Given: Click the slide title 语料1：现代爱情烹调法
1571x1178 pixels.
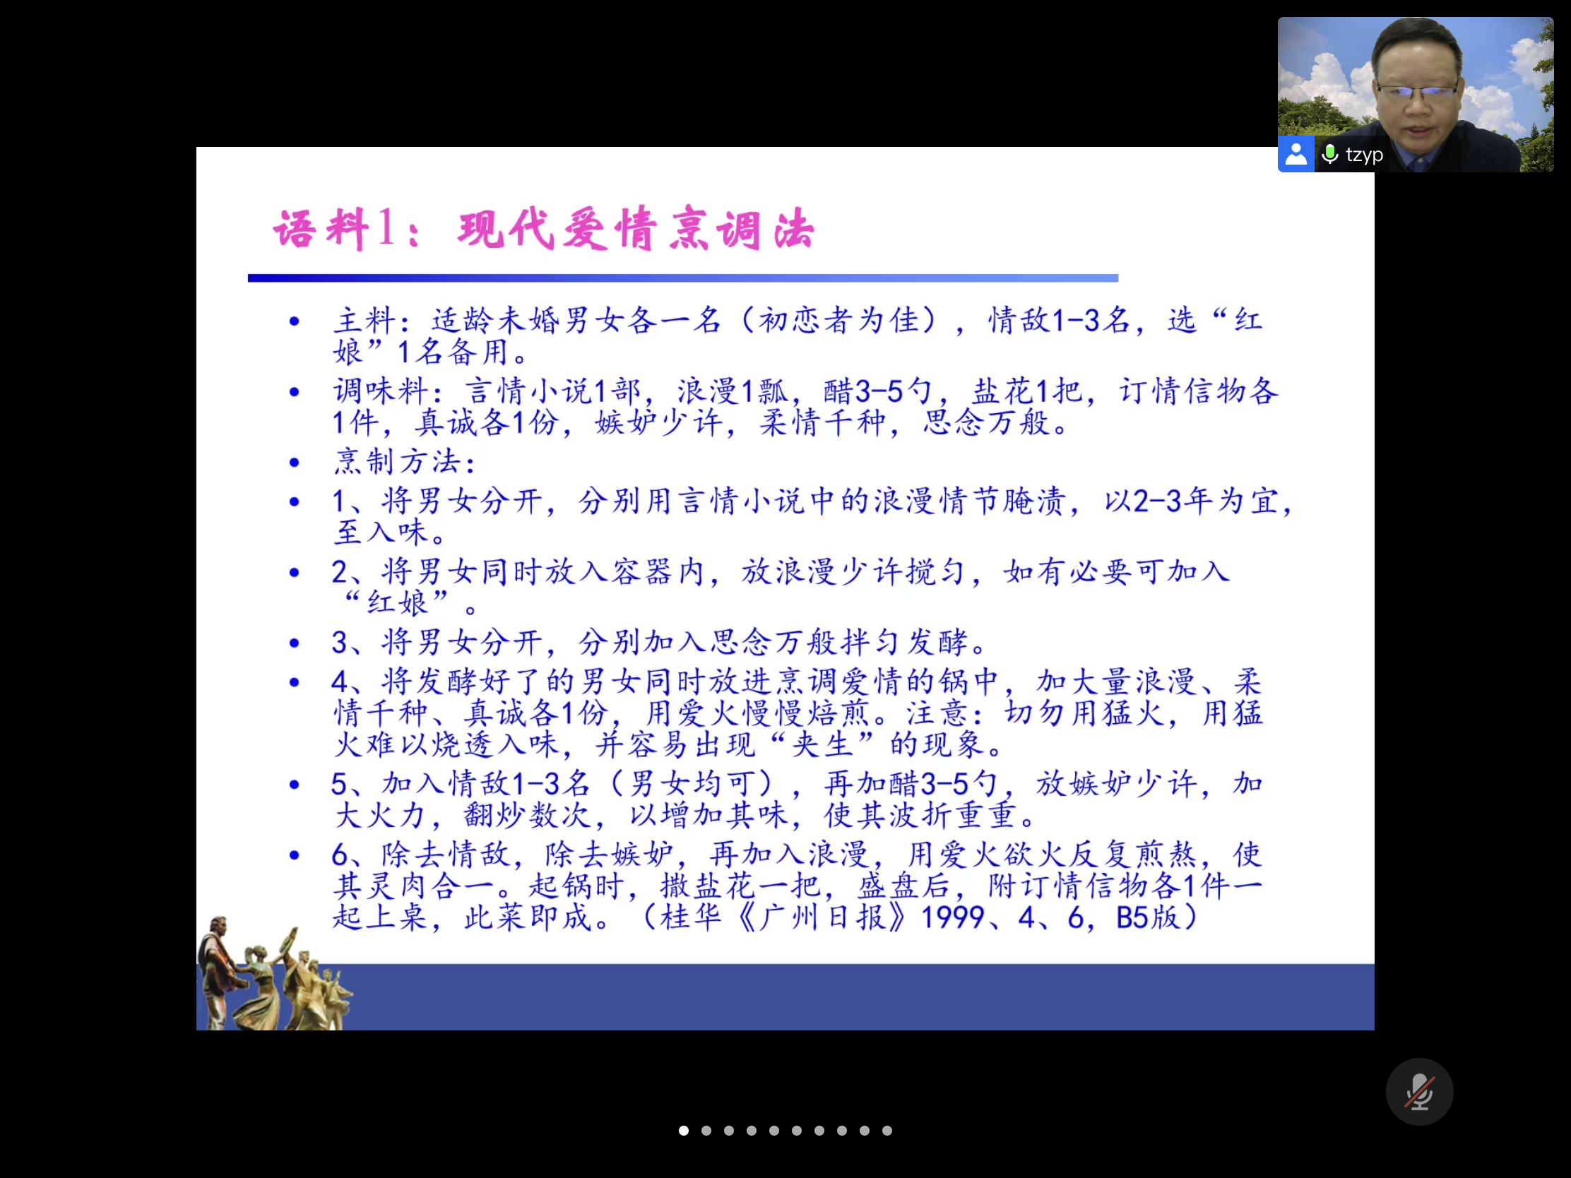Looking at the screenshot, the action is [544, 229].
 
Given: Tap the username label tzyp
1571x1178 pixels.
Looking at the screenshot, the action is [1363, 155].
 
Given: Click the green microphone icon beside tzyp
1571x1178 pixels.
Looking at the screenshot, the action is [1329, 154].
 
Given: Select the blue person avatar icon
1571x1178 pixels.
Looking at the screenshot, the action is [1296, 154].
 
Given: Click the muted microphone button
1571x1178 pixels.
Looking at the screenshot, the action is [1419, 1091].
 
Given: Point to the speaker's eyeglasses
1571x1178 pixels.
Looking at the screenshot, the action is [1416, 92].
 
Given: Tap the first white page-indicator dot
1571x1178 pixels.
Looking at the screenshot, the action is [683, 1131].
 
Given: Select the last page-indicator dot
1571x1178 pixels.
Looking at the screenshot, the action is [887, 1131].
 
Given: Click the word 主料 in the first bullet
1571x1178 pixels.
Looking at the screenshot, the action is [364, 320].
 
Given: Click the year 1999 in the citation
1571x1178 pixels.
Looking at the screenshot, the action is [952, 917].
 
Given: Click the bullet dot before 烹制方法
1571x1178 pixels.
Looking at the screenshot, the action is [295, 463].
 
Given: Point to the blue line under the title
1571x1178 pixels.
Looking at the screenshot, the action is [683, 278].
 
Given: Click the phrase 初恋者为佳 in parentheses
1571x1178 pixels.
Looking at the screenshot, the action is [838, 320].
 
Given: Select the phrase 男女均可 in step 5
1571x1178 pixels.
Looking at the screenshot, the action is [692, 784].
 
